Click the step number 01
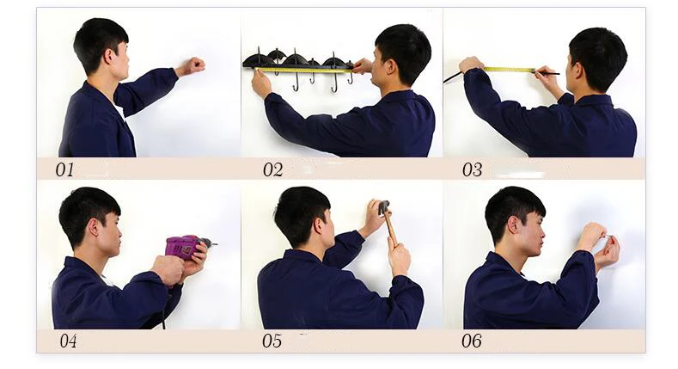[64, 169]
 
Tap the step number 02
[273, 169]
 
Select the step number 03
[472, 169]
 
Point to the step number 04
[69, 341]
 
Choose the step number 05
[272, 341]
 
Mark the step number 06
[471, 341]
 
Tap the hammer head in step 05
[383, 207]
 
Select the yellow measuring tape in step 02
[305, 69]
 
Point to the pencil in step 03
[547, 73]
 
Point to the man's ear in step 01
[108, 55]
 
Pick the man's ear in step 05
[319, 226]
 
